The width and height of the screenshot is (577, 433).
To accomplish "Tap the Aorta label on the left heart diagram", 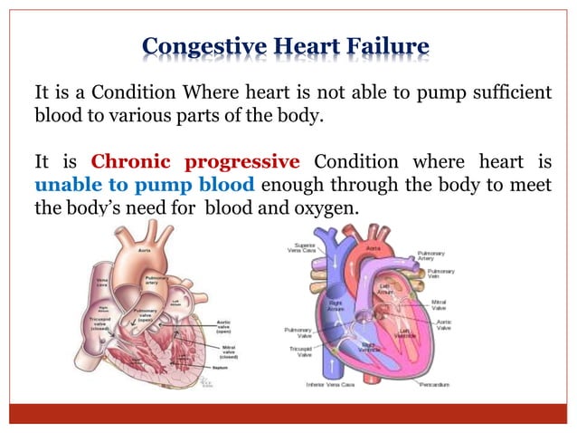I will [144, 251].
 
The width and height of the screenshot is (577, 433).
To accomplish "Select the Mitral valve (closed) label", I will [229, 351].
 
